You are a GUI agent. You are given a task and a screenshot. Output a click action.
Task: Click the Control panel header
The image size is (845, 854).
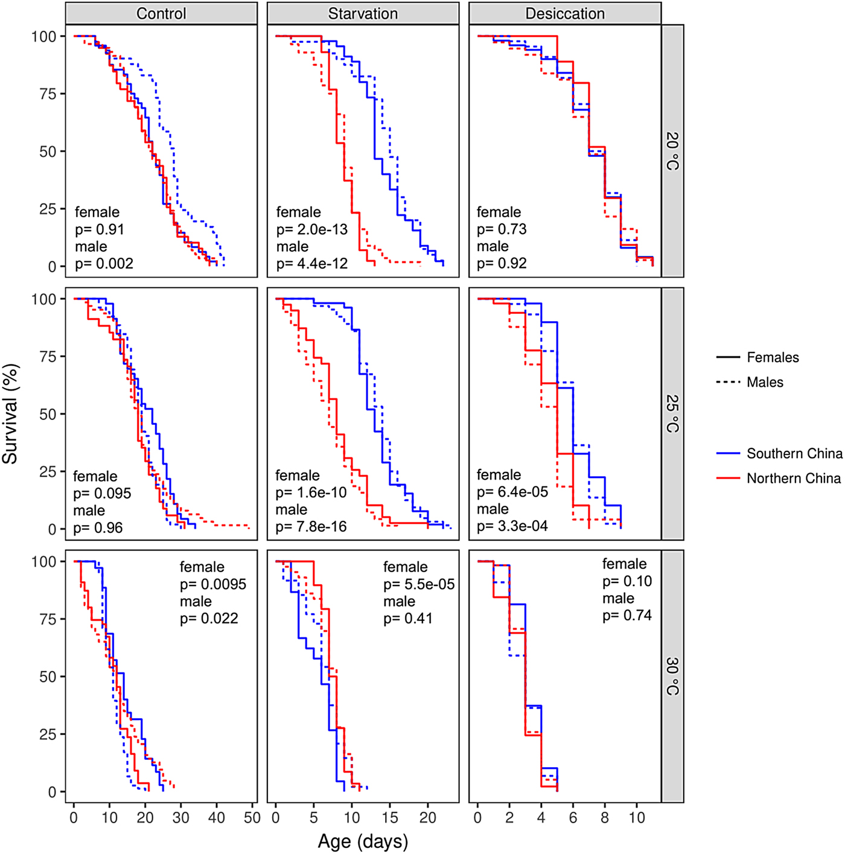(x=161, y=13)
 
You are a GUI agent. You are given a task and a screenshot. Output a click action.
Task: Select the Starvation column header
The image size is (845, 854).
(x=363, y=13)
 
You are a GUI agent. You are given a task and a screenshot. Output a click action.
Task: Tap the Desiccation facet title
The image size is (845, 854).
(x=565, y=13)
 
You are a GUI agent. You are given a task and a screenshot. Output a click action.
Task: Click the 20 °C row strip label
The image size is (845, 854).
(x=672, y=151)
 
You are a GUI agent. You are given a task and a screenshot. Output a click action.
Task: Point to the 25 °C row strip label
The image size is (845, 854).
(x=672, y=413)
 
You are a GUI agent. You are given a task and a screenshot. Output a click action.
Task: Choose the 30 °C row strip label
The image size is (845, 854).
(x=672, y=676)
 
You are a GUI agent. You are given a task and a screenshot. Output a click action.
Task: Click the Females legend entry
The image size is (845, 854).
(x=773, y=357)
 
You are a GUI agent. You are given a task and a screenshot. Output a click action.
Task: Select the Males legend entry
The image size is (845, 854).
(x=765, y=382)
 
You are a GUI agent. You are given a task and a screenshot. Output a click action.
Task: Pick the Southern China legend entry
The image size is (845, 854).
(x=794, y=453)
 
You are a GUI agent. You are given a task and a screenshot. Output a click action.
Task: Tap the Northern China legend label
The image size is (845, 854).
(x=794, y=478)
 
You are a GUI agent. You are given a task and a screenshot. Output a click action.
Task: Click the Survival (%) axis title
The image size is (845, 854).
(x=10, y=413)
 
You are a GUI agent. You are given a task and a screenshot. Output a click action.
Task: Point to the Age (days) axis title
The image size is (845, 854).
(x=363, y=841)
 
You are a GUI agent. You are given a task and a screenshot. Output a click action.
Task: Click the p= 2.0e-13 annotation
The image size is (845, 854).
(x=312, y=229)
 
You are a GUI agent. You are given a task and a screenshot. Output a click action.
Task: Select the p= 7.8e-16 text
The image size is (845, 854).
(x=311, y=527)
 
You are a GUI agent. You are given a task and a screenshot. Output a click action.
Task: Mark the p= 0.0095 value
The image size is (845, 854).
(x=213, y=584)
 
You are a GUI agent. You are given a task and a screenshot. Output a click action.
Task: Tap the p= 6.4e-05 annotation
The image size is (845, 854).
(x=512, y=492)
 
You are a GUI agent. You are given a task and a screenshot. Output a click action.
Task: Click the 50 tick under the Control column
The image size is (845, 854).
(x=252, y=818)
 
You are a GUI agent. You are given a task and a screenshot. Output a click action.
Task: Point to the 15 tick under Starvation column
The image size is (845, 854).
(x=390, y=818)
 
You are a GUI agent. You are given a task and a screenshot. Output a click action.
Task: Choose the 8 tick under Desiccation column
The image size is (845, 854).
(x=605, y=818)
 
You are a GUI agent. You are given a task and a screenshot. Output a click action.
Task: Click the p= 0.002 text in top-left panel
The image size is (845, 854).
(x=104, y=264)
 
